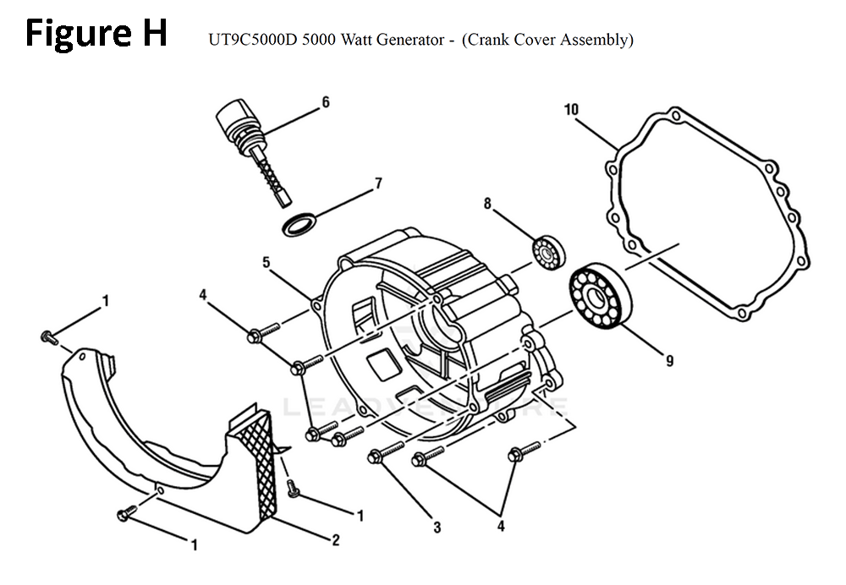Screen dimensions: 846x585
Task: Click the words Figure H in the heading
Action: point(96,35)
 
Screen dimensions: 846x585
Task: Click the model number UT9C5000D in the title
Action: point(253,40)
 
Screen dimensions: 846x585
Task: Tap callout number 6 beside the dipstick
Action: point(326,102)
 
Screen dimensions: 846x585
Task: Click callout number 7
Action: point(378,183)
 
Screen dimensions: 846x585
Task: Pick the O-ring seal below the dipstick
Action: point(301,224)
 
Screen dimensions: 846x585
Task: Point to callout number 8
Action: point(487,203)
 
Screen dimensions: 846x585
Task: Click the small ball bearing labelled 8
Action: point(549,252)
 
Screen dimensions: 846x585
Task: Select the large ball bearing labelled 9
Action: point(600,297)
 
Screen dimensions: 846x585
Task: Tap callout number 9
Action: point(669,360)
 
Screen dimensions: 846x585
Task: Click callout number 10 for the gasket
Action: point(571,109)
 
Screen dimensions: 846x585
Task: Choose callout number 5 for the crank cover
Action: point(266,263)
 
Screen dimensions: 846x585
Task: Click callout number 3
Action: point(437,528)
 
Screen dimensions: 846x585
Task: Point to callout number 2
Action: point(336,539)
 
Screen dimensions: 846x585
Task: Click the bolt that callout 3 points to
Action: point(385,451)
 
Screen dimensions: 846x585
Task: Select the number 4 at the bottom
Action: point(501,526)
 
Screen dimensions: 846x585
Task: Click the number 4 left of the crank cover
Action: point(203,295)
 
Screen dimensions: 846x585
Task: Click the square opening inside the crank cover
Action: point(382,364)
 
